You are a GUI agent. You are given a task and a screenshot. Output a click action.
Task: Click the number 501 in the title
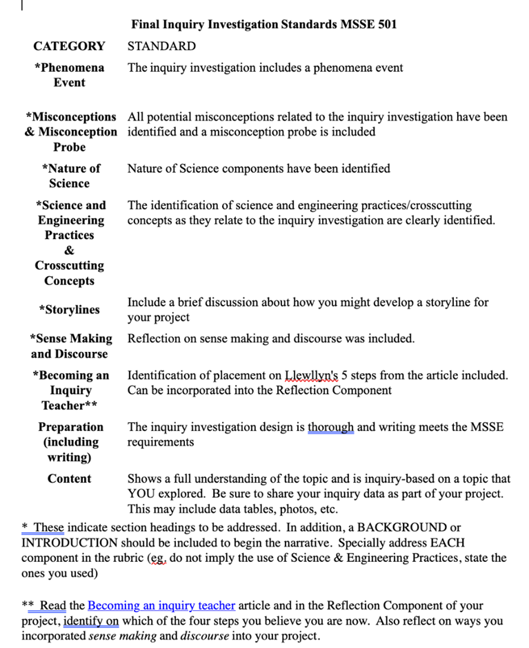(386, 24)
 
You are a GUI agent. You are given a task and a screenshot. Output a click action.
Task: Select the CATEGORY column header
(69, 46)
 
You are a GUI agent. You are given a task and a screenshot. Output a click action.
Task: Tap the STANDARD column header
(161, 46)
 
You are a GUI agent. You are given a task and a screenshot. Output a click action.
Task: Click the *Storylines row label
(69, 310)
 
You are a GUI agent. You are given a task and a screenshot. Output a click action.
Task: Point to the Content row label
(69, 479)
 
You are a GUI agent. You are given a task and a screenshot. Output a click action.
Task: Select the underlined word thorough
(330, 427)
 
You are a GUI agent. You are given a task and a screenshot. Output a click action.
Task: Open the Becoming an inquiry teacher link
(161, 605)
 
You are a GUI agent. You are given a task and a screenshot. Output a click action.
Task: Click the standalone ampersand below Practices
(69, 251)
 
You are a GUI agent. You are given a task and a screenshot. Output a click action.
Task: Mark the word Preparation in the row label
(70, 427)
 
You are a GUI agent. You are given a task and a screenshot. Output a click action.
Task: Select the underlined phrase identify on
(91, 620)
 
